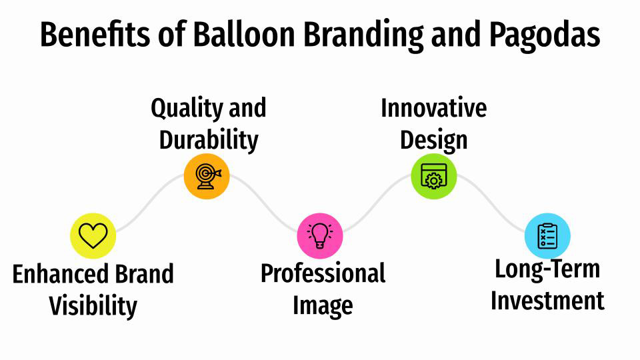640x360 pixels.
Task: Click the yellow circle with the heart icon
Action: point(93,235)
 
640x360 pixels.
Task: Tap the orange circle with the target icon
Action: point(207,176)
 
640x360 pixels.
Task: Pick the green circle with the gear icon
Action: point(434,176)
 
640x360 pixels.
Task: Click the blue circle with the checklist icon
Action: point(547,235)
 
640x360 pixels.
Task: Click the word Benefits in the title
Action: point(88,35)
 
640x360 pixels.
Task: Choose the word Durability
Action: point(208,140)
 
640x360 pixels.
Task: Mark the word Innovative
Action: point(433,108)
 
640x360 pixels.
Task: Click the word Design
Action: point(433,140)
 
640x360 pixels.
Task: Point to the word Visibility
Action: point(93,306)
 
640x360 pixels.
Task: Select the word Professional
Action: point(323,273)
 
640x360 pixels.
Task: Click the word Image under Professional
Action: point(323,306)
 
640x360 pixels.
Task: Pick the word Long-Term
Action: point(547,269)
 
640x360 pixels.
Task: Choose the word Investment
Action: point(547,301)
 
